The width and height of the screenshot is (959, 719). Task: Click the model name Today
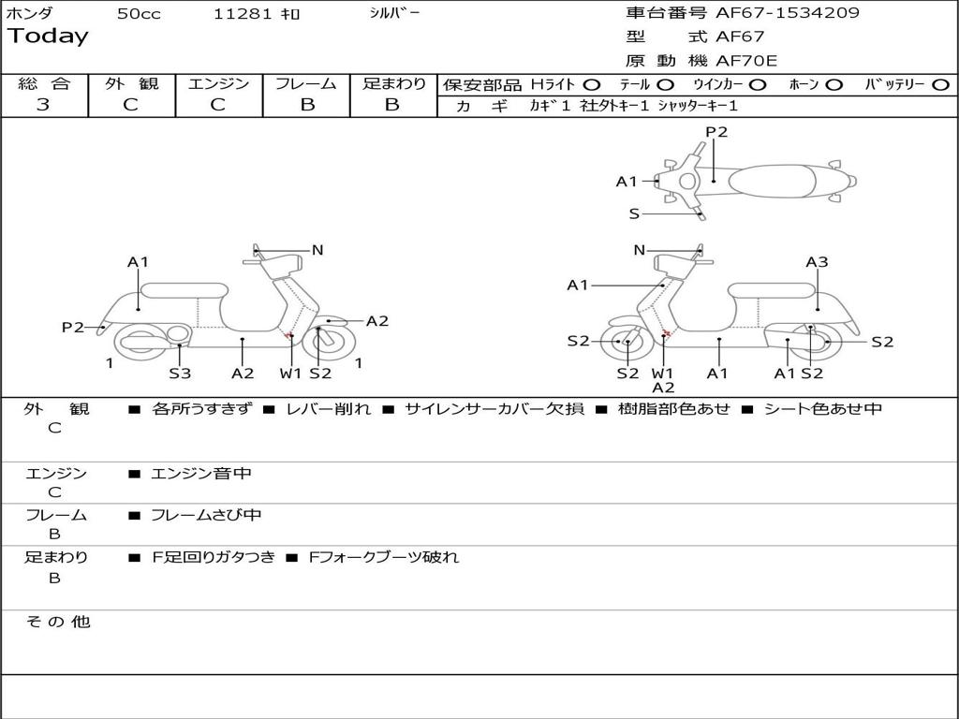(48, 37)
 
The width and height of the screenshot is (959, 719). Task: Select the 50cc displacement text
(137, 14)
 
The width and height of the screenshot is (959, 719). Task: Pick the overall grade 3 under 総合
(43, 105)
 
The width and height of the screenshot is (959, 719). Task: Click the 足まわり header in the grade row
(393, 84)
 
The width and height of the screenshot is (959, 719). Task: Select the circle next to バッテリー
(940, 85)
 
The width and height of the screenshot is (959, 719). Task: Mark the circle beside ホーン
(834, 85)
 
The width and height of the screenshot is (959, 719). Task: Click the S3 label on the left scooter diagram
(180, 374)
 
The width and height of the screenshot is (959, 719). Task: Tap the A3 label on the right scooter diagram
(817, 262)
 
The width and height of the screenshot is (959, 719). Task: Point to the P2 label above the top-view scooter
(716, 132)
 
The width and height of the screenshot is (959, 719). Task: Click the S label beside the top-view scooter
(634, 213)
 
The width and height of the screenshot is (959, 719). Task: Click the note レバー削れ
(328, 409)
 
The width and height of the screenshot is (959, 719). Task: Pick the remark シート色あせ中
(822, 409)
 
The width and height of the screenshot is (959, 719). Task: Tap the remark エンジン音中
(201, 474)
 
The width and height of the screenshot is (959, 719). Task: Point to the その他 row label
(57, 622)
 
